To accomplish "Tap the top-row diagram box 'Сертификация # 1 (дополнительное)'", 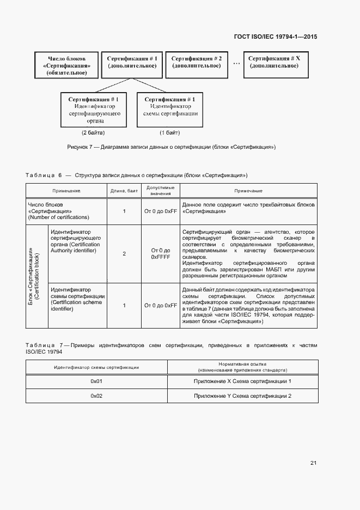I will click(x=132, y=62).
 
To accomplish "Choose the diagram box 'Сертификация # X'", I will click(x=274, y=62).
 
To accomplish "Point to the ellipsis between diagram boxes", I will click(x=236, y=63).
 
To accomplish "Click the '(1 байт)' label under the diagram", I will click(x=169, y=133).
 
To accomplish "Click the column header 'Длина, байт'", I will click(x=124, y=191).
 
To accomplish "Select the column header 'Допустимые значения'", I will click(x=160, y=190).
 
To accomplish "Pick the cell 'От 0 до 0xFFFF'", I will click(x=160, y=253).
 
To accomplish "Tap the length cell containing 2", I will click(x=124, y=253).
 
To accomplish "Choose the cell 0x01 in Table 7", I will click(x=96, y=381).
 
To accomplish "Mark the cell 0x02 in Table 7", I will click(x=96, y=396).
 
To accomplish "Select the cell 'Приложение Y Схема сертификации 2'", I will click(x=242, y=396).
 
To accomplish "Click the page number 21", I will click(x=313, y=463).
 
